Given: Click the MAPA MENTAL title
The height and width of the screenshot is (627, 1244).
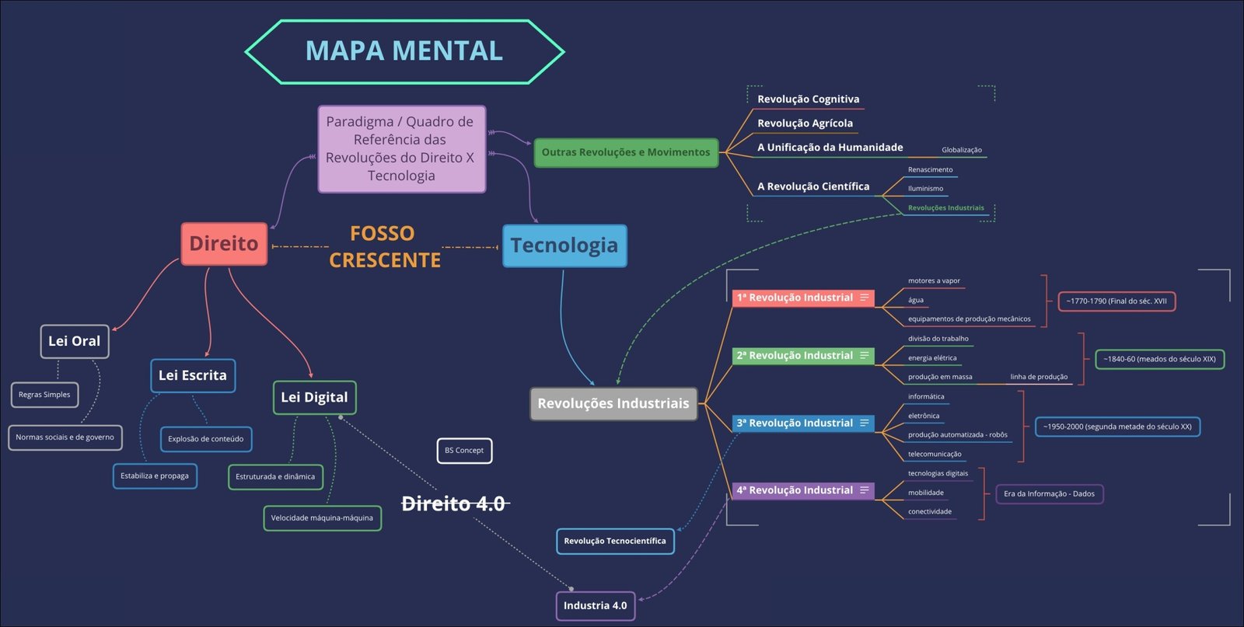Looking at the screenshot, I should [x=404, y=51].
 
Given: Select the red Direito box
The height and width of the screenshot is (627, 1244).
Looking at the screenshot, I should [x=224, y=244].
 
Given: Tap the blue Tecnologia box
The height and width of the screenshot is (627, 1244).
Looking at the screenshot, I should [x=564, y=246].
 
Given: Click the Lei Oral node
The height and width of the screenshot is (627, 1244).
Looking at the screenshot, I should [x=75, y=341].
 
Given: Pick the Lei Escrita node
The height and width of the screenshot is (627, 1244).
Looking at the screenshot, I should [x=193, y=375].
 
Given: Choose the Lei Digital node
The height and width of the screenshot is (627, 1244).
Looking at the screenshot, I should [x=314, y=398].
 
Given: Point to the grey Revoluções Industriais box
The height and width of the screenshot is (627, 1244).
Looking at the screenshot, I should [x=613, y=404].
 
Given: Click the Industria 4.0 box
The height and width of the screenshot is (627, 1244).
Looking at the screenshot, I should [x=596, y=606].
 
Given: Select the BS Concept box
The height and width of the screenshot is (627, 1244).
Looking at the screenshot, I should [x=464, y=451].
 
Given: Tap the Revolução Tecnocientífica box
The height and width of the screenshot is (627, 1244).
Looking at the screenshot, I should [x=615, y=542].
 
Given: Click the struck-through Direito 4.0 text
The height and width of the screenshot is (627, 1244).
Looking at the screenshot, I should [x=454, y=504].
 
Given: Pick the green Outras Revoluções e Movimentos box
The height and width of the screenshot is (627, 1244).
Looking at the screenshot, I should [x=626, y=153].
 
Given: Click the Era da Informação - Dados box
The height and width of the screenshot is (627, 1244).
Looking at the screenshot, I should [x=1049, y=494].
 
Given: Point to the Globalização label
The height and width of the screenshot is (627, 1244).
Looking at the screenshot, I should [x=962, y=150].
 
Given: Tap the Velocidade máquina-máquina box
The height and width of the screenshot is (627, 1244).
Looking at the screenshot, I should [x=322, y=518].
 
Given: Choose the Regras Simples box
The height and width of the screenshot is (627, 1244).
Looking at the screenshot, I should [x=44, y=395].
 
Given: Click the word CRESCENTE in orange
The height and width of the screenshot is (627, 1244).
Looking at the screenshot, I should [x=385, y=260].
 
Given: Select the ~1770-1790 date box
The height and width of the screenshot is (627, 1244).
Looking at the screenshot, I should [x=1116, y=301].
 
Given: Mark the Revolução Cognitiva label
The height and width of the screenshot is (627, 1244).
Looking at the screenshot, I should [x=809, y=99].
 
